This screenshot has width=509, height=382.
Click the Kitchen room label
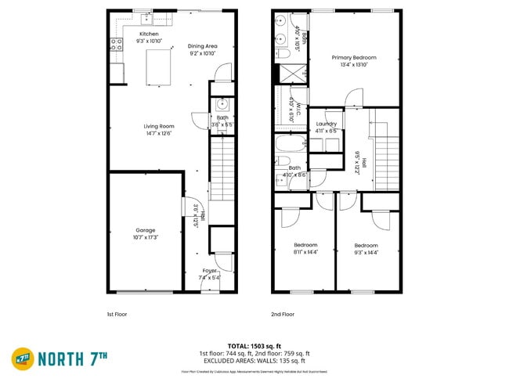click(149, 34)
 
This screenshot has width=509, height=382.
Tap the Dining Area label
click(203, 46)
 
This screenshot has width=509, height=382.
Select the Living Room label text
click(158, 126)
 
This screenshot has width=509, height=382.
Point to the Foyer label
click(210, 271)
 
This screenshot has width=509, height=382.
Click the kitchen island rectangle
click(159, 66)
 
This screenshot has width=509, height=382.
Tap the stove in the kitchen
click(117, 45)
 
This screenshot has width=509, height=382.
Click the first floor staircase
click(222, 166)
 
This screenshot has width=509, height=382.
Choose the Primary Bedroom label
click(354, 57)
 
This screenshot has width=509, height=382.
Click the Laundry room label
click(327, 124)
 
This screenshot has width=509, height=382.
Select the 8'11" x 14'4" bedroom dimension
click(305, 251)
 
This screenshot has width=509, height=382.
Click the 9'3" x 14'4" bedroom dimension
click(366, 251)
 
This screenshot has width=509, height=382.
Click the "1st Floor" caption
click(117, 313)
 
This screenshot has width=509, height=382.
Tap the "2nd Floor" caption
click(283, 313)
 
